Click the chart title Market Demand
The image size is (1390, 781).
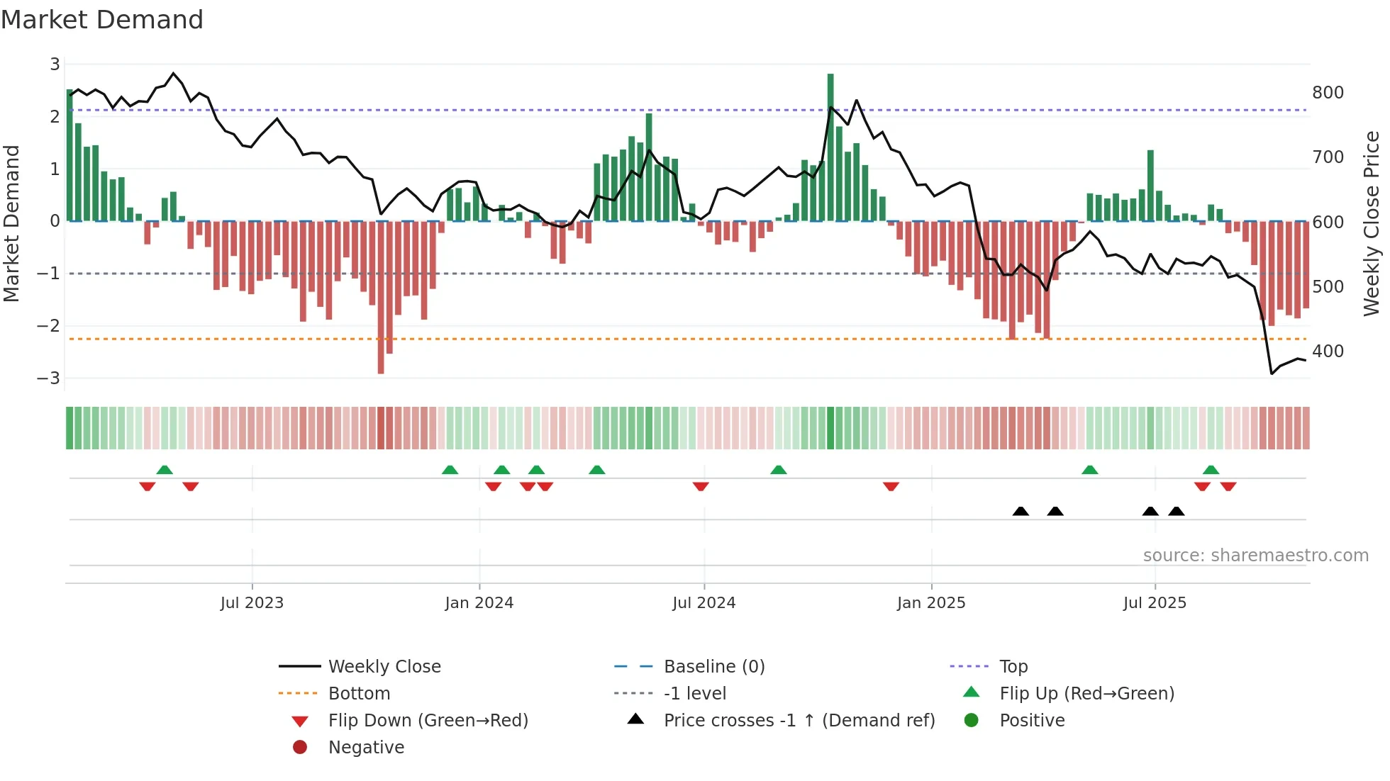click(x=102, y=20)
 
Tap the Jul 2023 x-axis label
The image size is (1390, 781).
click(x=252, y=603)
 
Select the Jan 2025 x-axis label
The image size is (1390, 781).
click(x=931, y=603)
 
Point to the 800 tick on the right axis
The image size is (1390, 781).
click(x=1328, y=93)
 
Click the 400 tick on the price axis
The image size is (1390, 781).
click(x=1328, y=352)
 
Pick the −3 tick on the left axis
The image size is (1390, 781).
click(x=48, y=378)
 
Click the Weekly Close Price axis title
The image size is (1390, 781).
click(x=1371, y=223)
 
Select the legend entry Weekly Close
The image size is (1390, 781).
click(x=384, y=667)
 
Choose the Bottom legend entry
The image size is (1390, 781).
click(x=359, y=694)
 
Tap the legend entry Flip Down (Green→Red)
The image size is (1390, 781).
click(x=428, y=721)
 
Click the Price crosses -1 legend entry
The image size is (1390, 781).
click(x=799, y=721)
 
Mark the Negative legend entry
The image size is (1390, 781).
click(x=366, y=748)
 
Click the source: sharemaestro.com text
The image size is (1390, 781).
click(x=1255, y=556)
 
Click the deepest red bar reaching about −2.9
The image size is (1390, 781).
click(x=381, y=298)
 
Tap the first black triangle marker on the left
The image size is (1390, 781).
click(x=1021, y=511)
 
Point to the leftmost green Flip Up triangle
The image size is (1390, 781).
click(x=165, y=470)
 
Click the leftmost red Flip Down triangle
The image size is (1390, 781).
click(x=148, y=486)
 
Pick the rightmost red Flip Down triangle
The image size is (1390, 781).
click(x=1228, y=486)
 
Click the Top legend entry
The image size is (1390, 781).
click(x=1013, y=667)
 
